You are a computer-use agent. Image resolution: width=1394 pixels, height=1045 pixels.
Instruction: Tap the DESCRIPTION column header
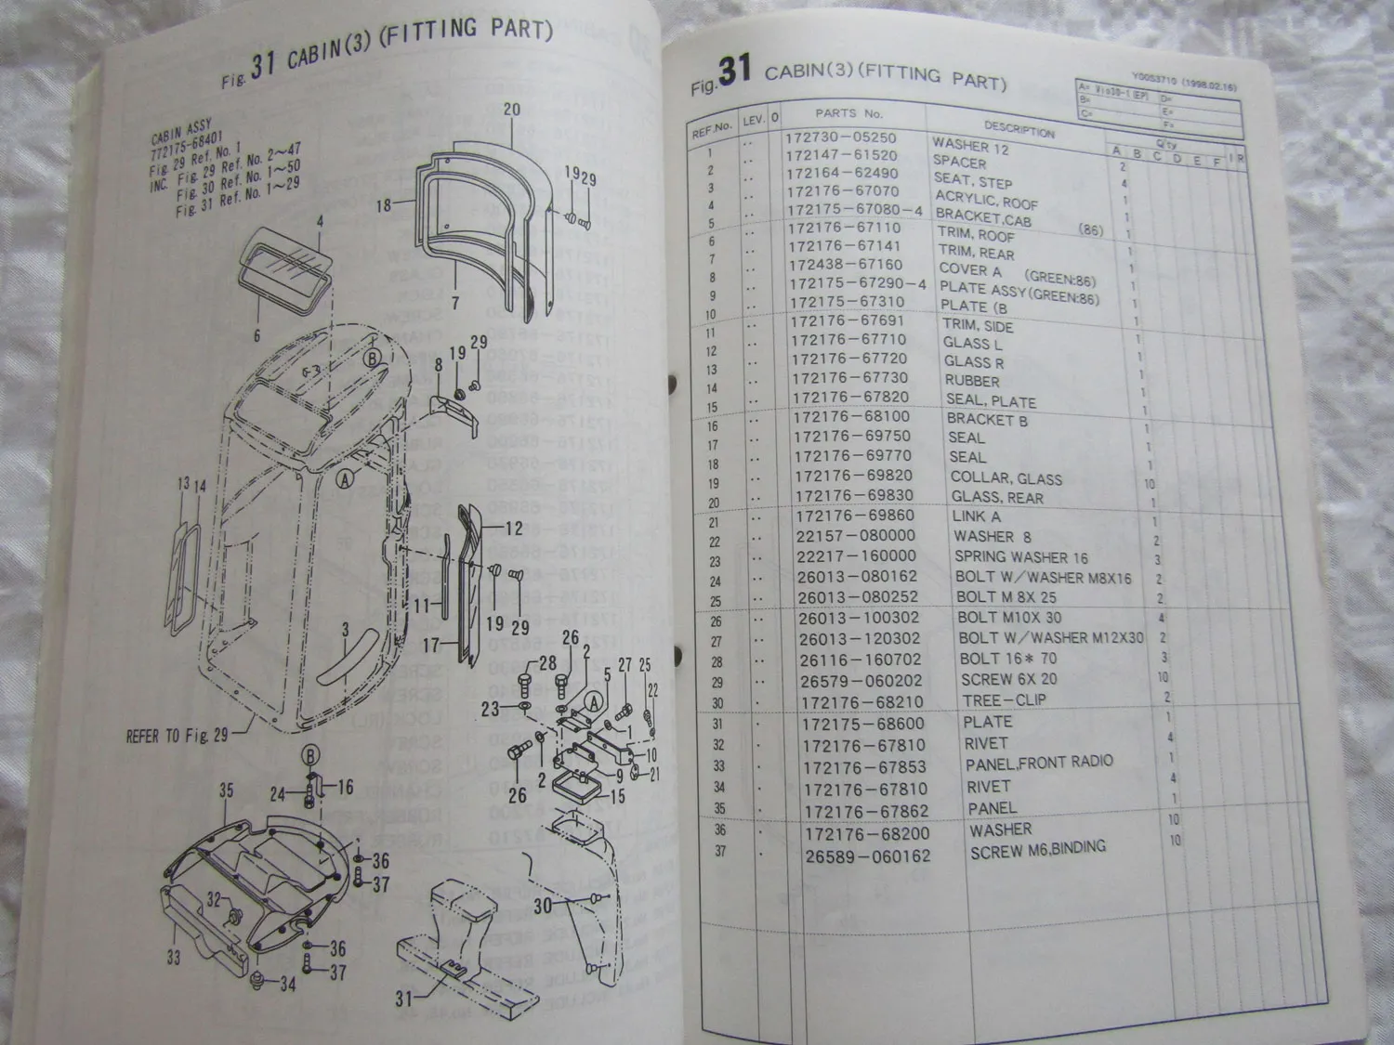point(1019,131)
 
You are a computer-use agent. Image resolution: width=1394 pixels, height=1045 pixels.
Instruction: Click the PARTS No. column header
point(848,113)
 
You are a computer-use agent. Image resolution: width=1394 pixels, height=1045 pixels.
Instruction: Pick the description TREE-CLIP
point(1003,700)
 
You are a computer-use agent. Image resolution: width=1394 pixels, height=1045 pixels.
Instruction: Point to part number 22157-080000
point(855,535)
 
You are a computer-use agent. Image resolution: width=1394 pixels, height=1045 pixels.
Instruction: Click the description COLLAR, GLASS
point(1006,478)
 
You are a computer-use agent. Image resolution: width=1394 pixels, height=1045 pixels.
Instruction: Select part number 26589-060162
point(867,856)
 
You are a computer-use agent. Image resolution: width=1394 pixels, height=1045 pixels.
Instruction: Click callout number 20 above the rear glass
point(512,109)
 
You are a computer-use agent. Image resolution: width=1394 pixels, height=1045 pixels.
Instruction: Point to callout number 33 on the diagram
point(174,956)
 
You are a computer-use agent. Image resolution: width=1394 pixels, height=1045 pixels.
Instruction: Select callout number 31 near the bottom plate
point(403,999)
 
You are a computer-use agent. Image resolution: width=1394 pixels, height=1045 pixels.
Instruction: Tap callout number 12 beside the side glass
point(514,529)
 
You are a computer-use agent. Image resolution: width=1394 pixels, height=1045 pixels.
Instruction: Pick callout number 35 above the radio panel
point(227,790)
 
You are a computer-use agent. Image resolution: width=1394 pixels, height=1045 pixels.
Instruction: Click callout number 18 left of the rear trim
point(384,205)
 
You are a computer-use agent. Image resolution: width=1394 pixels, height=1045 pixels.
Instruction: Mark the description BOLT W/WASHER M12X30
point(1050,638)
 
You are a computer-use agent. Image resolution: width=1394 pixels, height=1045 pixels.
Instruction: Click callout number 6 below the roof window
point(257,335)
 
